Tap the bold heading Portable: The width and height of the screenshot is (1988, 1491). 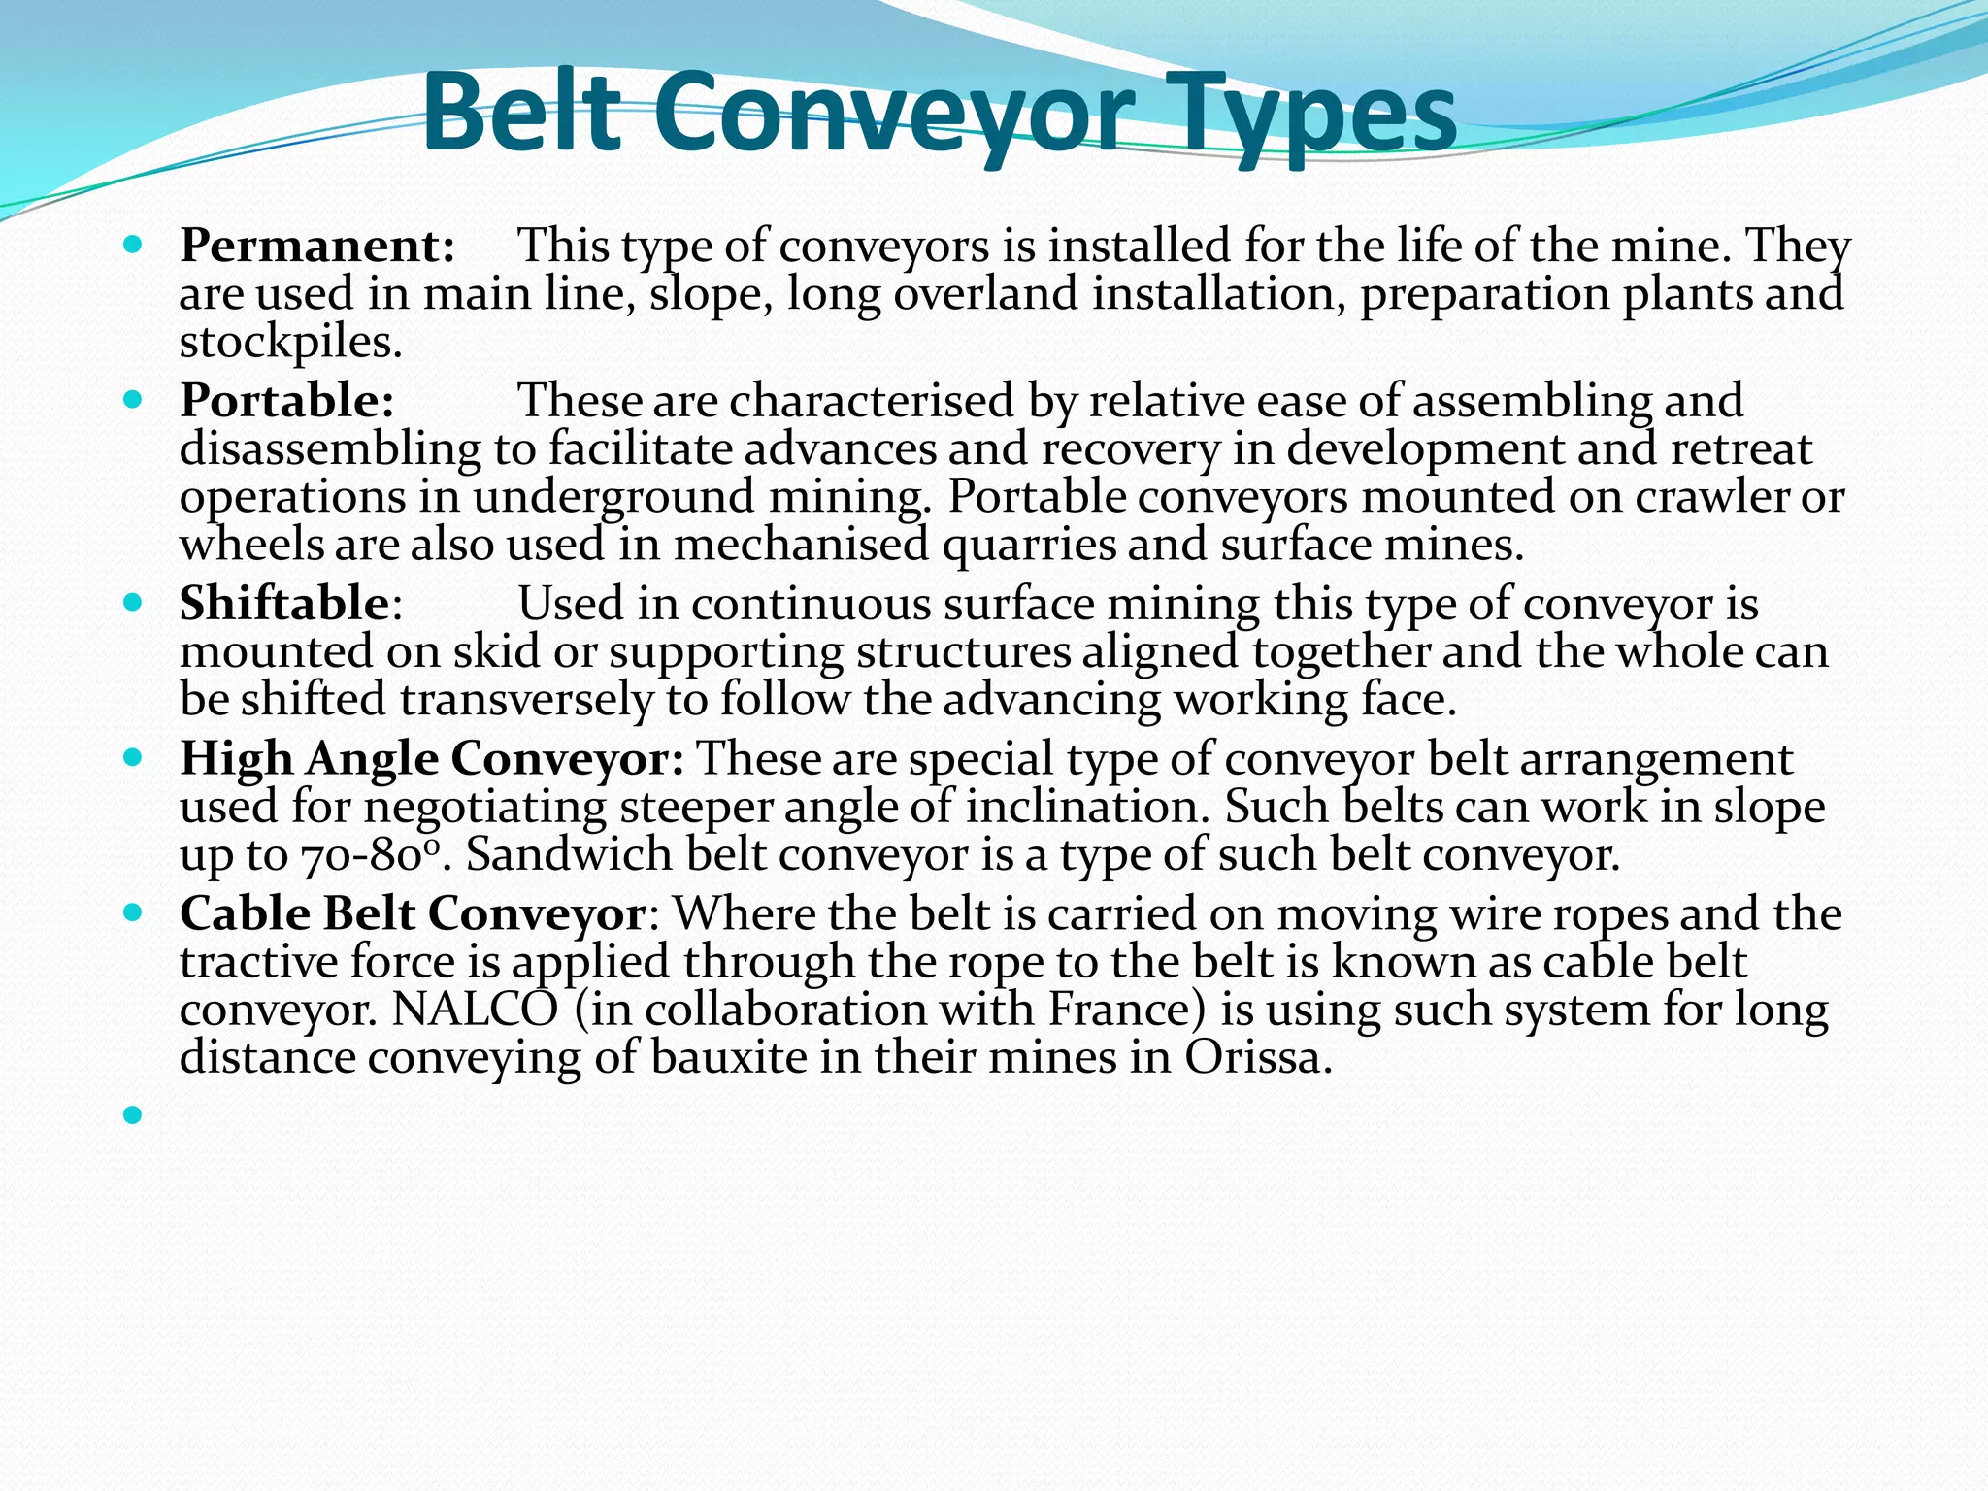pyautogui.click(x=287, y=401)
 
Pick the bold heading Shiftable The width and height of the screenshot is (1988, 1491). pyautogui.click(x=284, y=604)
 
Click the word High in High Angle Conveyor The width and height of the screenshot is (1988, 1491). pyautogui.click(x=236, y=758)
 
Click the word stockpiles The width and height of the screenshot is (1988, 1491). pyautogui.click(x=290, y=342)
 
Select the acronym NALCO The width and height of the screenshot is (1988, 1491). pyautogui.click(x=476, y=1010)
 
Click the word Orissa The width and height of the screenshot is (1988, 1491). pyautogui.click(x=1258, y=1057)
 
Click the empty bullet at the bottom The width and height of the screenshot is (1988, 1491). pyautogui.click(x=134, y=1115)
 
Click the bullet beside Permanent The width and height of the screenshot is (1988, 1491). pyautogui.click(x=134, y=244)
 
